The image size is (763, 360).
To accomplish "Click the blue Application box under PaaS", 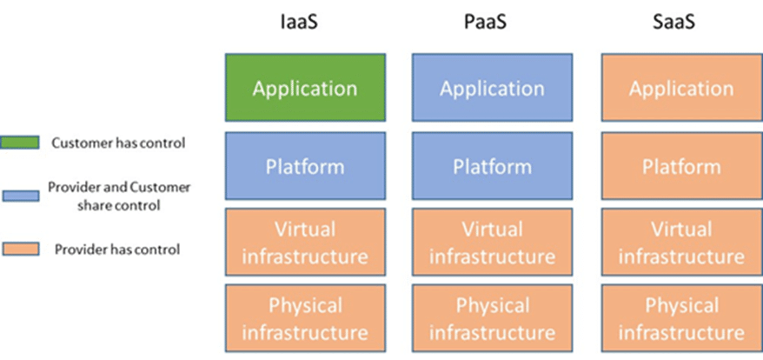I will [492, 88].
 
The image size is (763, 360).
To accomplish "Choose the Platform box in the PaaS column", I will [492, 165].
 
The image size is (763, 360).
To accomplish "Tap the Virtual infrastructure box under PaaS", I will [492, 242].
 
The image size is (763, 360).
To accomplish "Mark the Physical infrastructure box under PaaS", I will [492, 318].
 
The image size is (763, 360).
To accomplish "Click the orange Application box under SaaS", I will [681, 88].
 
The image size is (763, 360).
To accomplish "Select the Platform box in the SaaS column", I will [681, 165].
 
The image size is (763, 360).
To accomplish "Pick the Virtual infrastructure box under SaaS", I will [681, 242].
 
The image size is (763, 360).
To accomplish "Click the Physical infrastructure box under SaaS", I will [681, 318].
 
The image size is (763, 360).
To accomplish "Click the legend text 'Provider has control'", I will [116, 250].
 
